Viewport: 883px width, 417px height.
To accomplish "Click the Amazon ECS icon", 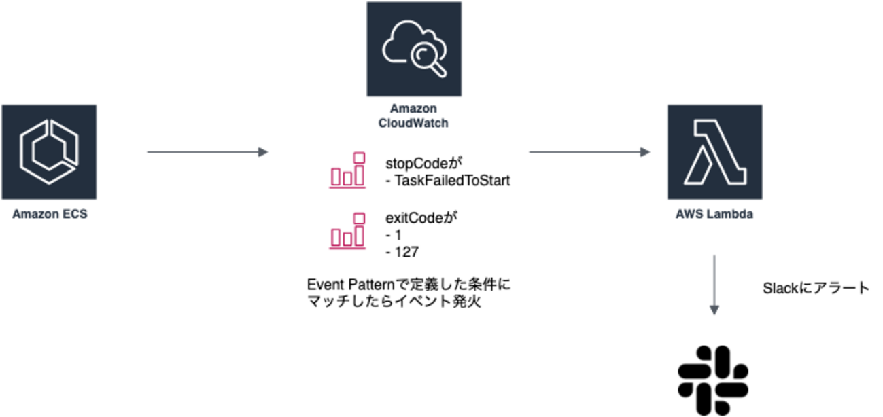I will [x=49, y=152].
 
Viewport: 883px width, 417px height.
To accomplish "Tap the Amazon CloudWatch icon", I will [x=413, y=49].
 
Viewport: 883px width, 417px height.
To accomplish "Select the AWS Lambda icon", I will [x=714, y=152].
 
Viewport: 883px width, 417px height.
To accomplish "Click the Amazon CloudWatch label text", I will [x=413, y=116].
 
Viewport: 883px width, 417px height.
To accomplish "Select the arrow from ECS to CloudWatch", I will [x=207, y=152].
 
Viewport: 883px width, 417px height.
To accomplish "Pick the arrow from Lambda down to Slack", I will [x=714, y=285].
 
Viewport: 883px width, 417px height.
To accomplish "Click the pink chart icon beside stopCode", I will [x=347, y=170].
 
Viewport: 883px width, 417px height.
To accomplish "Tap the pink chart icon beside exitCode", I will [x=347, y=231].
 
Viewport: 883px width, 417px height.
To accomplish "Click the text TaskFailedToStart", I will [x=451, y=181].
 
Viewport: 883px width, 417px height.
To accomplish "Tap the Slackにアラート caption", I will [x=816, y=288].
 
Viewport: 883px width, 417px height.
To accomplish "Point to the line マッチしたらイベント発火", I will [x=394, y=302].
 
